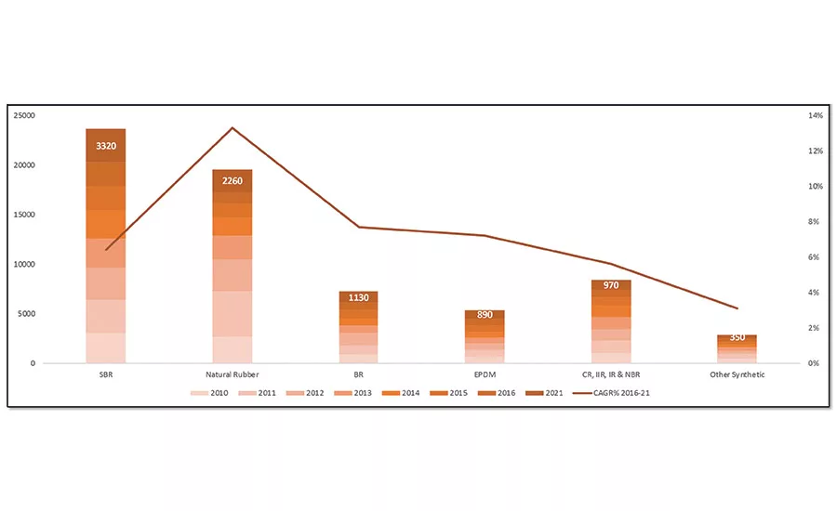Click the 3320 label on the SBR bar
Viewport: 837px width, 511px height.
[x=106, y=146]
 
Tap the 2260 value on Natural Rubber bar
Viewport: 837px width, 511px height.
[x=232, y=180]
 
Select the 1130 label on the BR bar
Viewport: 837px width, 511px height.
[x=358, y=298]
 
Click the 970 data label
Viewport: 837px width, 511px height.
[x=611, y=286]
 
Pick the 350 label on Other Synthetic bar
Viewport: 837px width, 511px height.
[x=737, y=337]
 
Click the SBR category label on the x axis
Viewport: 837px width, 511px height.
[x=106, y=374]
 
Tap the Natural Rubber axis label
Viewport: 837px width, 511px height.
[x=232, y=374]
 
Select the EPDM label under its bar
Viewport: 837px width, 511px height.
[x=485, y=374]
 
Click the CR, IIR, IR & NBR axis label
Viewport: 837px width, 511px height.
[x=611, y=374]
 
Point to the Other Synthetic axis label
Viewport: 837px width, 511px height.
[x=737, y=374]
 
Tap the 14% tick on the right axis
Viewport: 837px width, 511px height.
[x=816, y=116]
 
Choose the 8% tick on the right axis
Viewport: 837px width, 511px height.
[x=816, y=222]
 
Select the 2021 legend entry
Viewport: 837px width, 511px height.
[x=548, y=393]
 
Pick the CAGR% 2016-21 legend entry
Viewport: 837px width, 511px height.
[x=613, y=393]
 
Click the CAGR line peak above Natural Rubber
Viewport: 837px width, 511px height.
[x=232, y=127]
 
